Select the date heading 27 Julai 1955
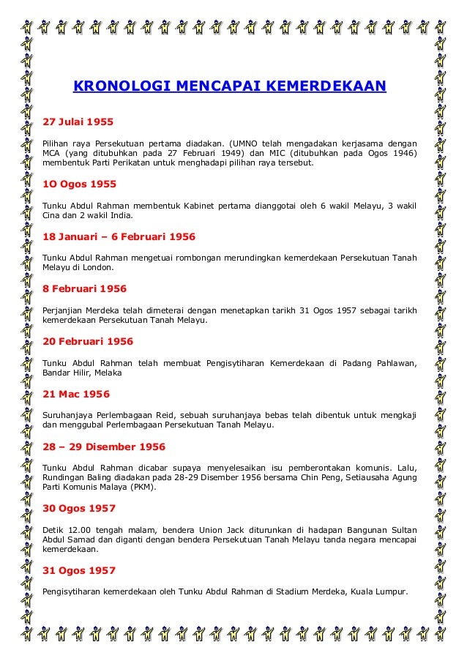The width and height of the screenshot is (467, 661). point(77,121)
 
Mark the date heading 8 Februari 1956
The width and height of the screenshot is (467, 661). point(83,288)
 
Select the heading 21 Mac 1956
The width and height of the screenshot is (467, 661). point(77,394)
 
